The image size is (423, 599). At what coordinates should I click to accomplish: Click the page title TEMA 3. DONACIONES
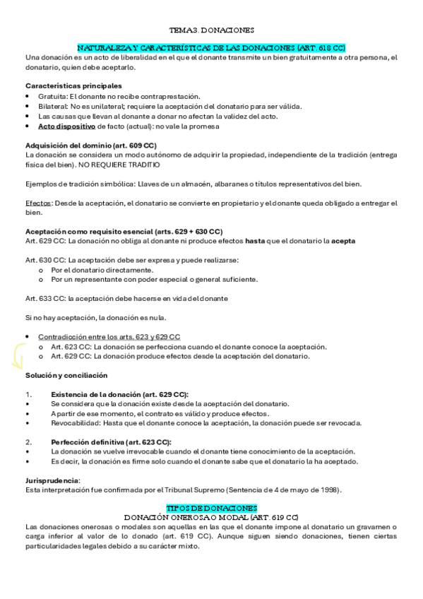(x=212, y=31)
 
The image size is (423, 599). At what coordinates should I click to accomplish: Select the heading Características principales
(x=73, y=86)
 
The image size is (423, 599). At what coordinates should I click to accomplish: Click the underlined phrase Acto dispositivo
(x=66, y=126)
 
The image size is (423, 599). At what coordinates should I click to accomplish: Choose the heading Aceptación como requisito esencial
(x=124, y=232)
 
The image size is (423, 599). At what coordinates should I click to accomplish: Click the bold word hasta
(x=255, y=241)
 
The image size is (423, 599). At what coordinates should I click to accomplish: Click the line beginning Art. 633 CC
(x=126, y=299)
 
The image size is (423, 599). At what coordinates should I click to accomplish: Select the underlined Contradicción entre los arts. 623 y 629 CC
(x=109, y=337)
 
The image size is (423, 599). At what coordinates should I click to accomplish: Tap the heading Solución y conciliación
(x=66, y=375)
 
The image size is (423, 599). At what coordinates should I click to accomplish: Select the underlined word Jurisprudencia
(x=52, y=480)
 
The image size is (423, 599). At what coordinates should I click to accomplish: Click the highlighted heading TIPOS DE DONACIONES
(x=211, y=508)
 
